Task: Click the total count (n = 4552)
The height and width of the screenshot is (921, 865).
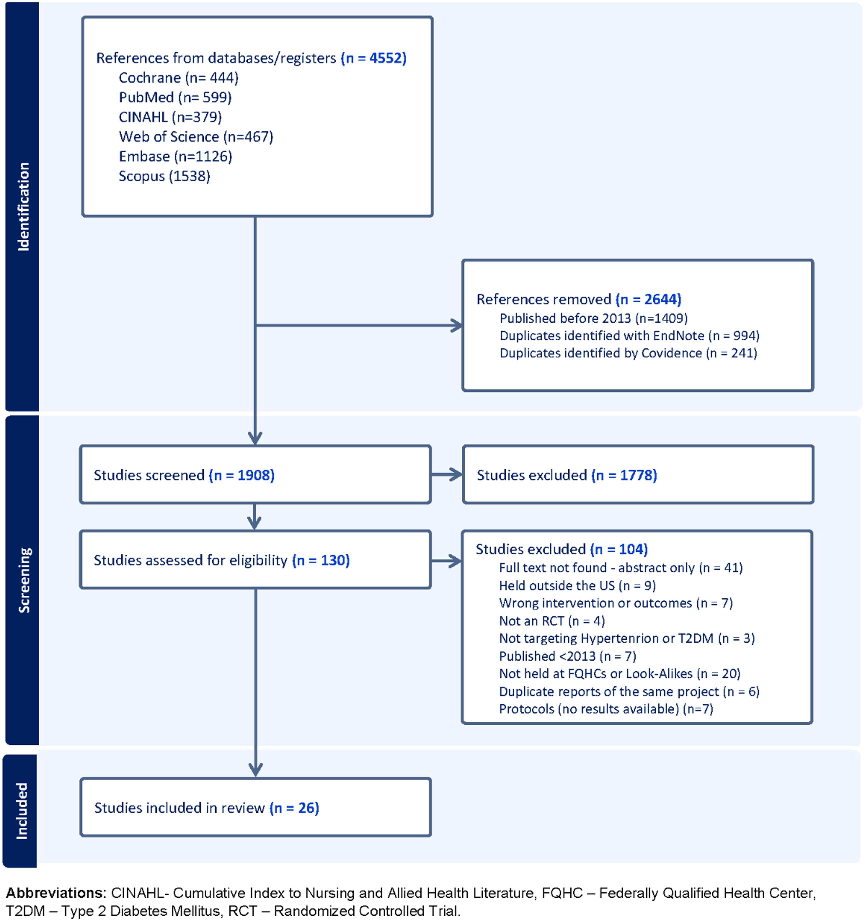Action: (373, 58)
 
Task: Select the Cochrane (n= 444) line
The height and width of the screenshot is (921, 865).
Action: (178, 78)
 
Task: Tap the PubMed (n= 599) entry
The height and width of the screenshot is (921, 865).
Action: (175, 97)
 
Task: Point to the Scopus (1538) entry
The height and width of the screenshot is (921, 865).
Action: (165, 176)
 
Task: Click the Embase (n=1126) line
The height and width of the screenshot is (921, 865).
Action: (176, 157)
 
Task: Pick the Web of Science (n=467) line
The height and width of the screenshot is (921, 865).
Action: (196, 137)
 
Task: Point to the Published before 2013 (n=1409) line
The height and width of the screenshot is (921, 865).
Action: (594, 318)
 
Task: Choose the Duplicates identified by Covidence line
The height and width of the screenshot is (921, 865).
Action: (628, 353)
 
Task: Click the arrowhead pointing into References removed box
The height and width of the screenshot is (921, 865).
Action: (457, 325)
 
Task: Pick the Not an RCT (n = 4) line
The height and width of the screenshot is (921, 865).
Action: (552, 621)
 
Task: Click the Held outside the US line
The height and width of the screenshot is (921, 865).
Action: (577, 586)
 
